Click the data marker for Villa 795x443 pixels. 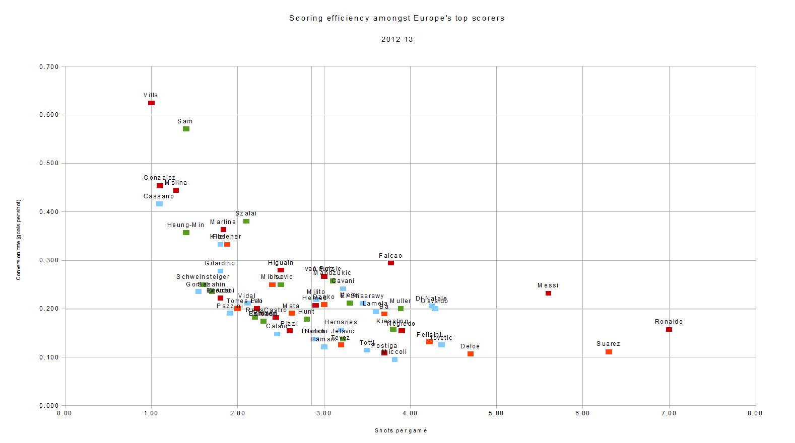tap(151, 103)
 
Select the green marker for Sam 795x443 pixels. tap(186, 129)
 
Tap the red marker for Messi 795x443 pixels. tap(548, 293)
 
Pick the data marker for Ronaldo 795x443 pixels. tap(669, 329)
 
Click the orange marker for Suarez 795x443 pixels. tap(609, 352)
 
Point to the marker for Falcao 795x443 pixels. tap(391, 263)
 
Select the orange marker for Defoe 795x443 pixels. tap(471, 354)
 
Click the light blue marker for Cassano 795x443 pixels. tap(159, 204)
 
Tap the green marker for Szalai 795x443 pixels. tap(246, 221)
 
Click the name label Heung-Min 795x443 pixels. tap(186, 225)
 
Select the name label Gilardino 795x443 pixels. tap(220, 263)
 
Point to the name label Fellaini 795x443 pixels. tap(429, 335)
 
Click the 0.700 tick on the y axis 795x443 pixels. tap(49, 67)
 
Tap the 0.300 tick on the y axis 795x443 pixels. tap(49, 260)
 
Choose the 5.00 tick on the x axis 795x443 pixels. tap(496, 413)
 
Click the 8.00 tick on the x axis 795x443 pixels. tap(755, 413)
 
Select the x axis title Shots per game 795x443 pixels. tap(401, 430)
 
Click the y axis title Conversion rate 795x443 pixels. tap(19, 240)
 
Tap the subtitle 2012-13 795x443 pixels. tap(397, 39)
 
